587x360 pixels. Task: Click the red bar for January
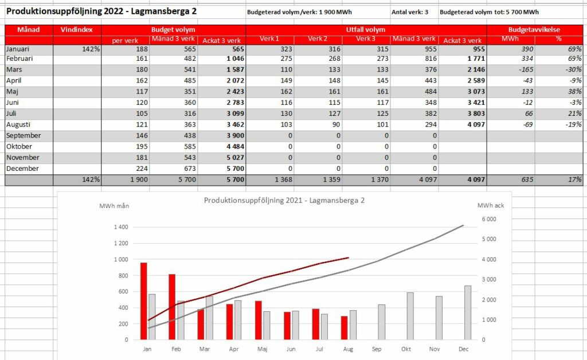[143, 301]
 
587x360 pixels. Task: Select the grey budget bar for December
[468, 312]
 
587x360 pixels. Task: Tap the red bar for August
[344, 328]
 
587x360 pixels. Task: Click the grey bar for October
[410, 316]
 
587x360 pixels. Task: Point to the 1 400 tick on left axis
[121, 227]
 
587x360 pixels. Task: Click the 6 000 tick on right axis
[489, 220]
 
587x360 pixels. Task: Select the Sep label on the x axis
[377, 349]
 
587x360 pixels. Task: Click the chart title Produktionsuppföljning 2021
[284, 200]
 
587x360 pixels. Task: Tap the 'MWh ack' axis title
[491, 205]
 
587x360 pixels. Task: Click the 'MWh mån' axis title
[114, 206]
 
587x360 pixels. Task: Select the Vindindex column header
[77, 30]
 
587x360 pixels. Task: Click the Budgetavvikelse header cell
[534, 30]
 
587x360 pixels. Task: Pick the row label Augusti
[18, 124]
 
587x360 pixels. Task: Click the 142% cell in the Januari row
[91, 49]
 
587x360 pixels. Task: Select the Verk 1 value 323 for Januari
[286, 49]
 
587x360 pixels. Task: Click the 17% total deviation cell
[574, 179]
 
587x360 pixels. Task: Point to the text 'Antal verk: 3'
[409, 12]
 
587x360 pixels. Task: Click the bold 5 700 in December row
[236, 169]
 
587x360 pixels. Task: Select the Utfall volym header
[366, 30]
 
